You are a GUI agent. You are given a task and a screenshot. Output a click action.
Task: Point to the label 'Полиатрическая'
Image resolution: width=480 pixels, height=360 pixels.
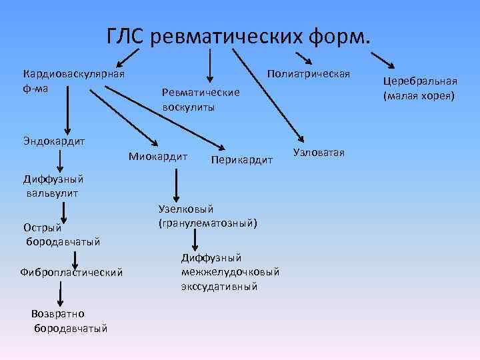[x=308, y=71]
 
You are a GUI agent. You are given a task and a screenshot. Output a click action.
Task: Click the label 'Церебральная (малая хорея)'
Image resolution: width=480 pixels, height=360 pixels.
[x=419, y=88]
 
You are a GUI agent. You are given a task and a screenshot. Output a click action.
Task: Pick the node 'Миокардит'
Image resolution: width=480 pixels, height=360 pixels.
[x=157, y=156]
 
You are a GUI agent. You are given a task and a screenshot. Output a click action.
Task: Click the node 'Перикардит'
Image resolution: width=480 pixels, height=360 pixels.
[x=241, y=160]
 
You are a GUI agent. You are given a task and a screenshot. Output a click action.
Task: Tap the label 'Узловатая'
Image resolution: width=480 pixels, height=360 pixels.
[x=319, y=153]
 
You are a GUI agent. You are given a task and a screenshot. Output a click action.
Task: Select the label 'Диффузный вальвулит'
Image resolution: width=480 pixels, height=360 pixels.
[x=53, y=186]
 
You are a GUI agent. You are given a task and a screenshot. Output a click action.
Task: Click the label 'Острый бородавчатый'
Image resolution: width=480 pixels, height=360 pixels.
[x=62, y=234]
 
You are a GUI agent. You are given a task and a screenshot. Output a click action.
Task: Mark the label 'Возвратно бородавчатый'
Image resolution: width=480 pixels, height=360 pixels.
[x=69, y=321]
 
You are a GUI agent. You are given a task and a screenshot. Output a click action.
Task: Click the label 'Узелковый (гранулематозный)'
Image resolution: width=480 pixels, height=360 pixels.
[x=207, y=215]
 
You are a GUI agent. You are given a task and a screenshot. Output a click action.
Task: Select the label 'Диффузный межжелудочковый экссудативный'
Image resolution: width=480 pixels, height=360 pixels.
[x=230, y=271]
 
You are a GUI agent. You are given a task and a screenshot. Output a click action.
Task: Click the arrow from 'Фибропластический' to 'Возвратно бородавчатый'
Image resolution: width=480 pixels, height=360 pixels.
[x=61, y=293]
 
